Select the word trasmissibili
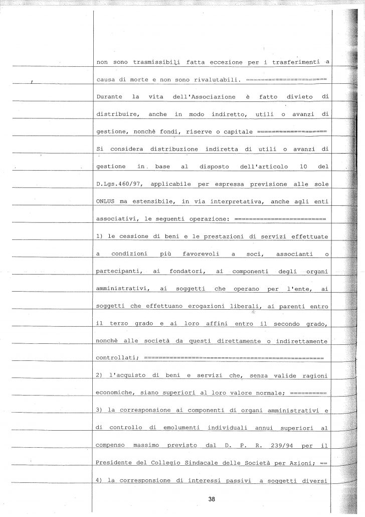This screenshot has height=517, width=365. tap(147, 62)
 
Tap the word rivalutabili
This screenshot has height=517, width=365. tap(218, 79)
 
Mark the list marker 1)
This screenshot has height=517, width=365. tap(99, 236)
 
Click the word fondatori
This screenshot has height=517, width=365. tap(179, 271)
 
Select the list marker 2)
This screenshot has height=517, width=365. tap(99, 376)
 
